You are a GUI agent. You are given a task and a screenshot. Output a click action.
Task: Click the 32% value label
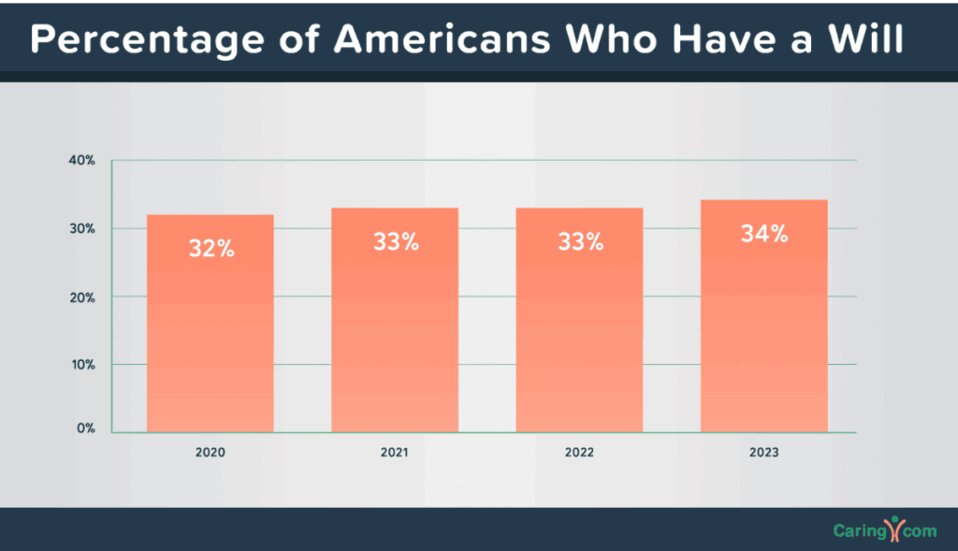pos(210,250)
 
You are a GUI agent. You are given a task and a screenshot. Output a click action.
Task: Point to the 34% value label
pos(764,234)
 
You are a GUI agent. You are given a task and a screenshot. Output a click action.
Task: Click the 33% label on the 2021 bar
pos(395,241)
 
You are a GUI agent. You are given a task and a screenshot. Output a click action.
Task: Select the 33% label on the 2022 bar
pos(580,241)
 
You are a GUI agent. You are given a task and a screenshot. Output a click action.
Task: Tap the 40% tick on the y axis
pos(82,160)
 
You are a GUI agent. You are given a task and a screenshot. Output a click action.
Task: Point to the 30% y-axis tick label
pos(82,228)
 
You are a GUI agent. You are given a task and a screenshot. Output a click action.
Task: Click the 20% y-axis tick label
pos(82,297)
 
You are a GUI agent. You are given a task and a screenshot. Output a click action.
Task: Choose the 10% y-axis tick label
pos(82,364)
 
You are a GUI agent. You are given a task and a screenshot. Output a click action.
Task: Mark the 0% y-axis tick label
pos(85,428)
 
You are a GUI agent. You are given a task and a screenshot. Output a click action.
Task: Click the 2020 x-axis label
pos(210,452)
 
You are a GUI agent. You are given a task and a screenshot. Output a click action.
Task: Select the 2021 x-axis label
pos(394,452)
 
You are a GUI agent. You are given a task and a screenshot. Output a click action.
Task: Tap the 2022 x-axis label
pos(579,452)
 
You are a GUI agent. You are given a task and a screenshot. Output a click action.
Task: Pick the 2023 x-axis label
pos(763,452)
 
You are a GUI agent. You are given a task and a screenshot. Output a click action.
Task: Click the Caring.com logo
pos(884,530)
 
